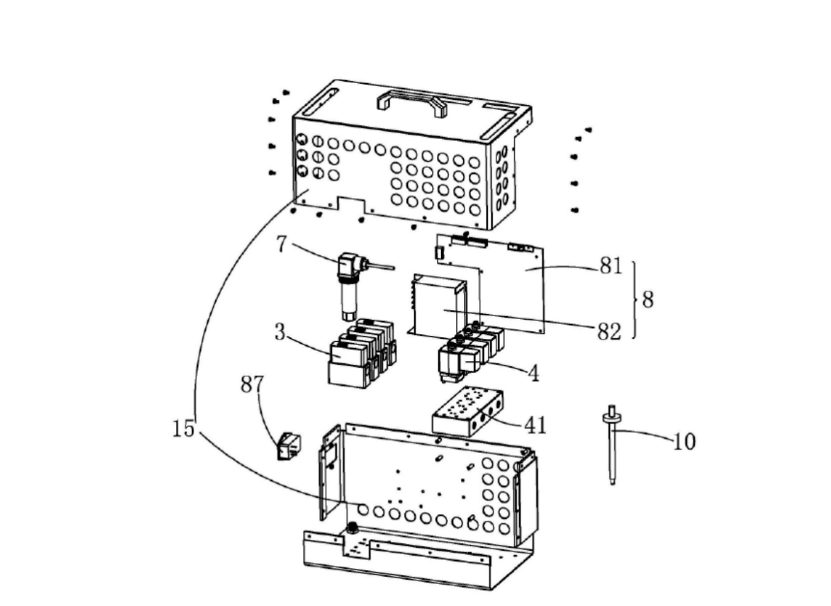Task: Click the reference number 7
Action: pos(282,244)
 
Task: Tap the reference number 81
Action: pos(610,266)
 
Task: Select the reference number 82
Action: pos(609,331)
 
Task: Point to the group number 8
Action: pos(648,300)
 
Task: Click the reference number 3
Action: pos(280,331)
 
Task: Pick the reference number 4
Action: pos(533,373)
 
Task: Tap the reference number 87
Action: pos(252,384)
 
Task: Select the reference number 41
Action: pos(535,425)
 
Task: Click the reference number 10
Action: pos(684,442)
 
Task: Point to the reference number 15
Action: pos(184,429)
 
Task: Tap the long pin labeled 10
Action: pos(612,445)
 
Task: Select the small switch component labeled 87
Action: pos(290,446)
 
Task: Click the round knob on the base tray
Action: pos(352,527)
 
